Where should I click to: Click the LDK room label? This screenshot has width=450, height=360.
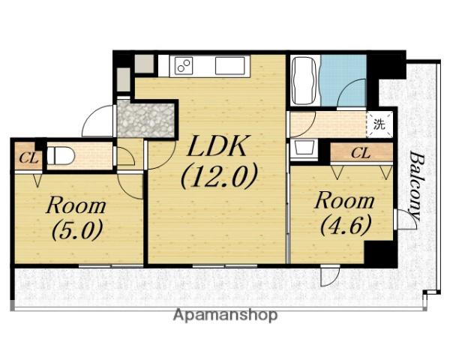point(217,146)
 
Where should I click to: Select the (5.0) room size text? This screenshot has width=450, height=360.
point(77,229)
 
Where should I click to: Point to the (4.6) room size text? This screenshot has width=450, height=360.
point(346,224)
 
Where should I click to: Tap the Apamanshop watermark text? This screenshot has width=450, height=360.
point(226,316)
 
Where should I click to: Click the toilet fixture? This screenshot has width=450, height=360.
point(61,155)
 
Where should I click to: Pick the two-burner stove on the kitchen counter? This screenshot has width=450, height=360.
point(181,66)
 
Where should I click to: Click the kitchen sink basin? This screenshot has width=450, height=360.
point(230,66)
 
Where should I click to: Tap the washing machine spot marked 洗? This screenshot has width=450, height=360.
point(379,124)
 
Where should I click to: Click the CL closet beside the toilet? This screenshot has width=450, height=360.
point(28,157)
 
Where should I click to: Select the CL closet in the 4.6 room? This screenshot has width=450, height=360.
point(361,153)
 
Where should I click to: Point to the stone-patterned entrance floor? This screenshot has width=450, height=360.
point(145,120)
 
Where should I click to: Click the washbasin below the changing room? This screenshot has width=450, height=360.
point(304,148)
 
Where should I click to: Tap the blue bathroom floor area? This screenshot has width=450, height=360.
point(343,79)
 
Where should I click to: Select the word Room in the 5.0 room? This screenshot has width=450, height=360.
point(76,205)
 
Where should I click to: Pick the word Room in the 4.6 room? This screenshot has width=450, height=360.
point(345,201)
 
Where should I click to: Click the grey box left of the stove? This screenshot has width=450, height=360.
point(144,64)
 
